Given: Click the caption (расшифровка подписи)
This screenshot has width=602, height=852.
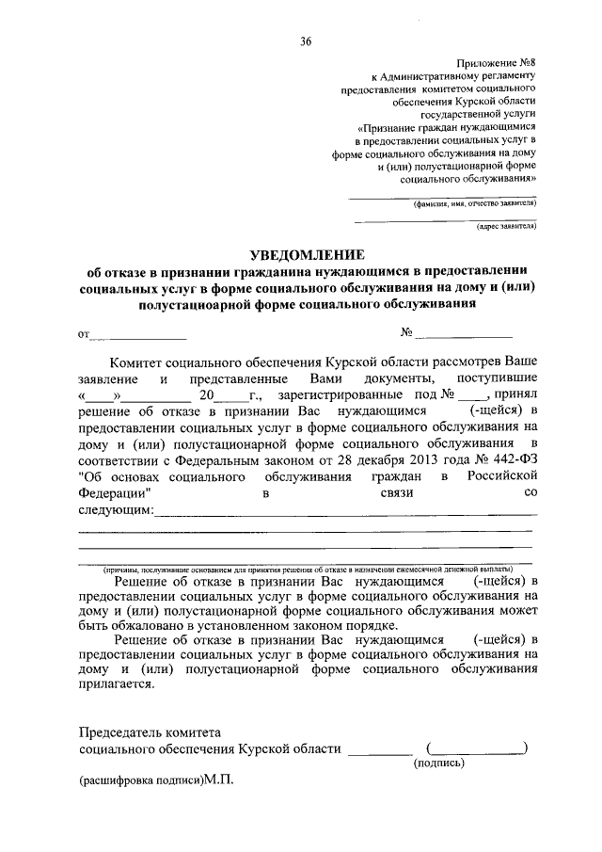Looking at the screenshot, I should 140,781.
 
